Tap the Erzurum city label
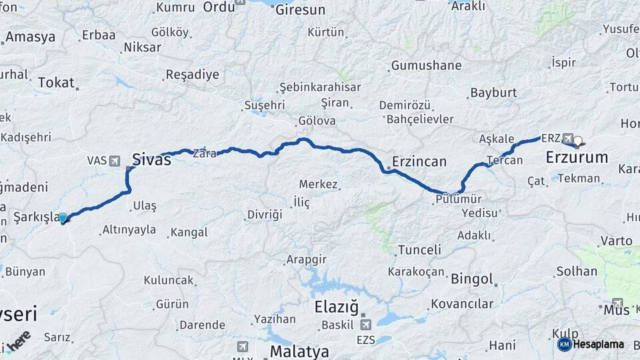click(577, 158)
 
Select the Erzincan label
click(419, 161)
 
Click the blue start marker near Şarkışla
click(63, 217)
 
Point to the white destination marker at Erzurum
click(578, 141)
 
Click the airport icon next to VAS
click(114, 161)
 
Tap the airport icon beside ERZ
click(567, 138)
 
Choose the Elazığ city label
click(336, 308)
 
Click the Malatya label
click(299, 351)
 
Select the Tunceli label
click(419, 250)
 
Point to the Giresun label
click(300, 10)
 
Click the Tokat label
click(56, 82)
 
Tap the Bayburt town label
click(493, 93)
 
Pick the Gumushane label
click(426, 65)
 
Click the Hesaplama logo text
click(598, 344)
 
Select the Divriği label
click(265, 215)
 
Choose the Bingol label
click(472, 279)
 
